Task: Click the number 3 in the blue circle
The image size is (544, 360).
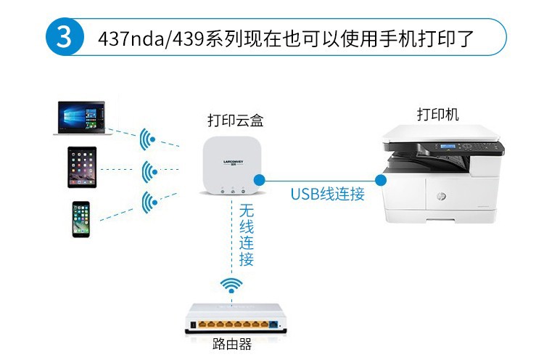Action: pyautogui.click(x=65, y=37)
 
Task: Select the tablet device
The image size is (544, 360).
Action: pyautogui.click(x=82, y=168)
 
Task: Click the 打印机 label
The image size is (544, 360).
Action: pyautogui.click(x=437, y=114)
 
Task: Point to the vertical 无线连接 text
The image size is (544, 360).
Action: pyautogui.click(x=247, y=234)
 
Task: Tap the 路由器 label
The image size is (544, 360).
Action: pyautogui.click(x=233, y=345)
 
